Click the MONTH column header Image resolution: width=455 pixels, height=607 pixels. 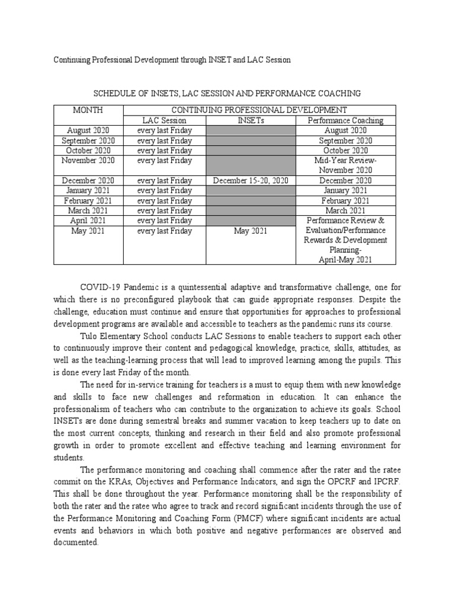tap(88, 110)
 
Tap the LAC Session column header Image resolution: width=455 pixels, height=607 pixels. tap(164, 120)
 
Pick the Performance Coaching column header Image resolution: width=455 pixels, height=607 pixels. tap(345, 120)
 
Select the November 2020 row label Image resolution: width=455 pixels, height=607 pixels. tap(88, 161)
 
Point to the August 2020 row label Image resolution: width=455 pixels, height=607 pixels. tap(88, 130)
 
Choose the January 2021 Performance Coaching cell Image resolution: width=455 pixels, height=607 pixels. tap(345, 191)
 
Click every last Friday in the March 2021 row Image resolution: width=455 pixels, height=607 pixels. tap(164, 211)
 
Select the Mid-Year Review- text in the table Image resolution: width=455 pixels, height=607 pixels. tap(345, 161)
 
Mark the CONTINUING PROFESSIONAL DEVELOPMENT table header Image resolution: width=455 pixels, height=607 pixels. tap(259, 110)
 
